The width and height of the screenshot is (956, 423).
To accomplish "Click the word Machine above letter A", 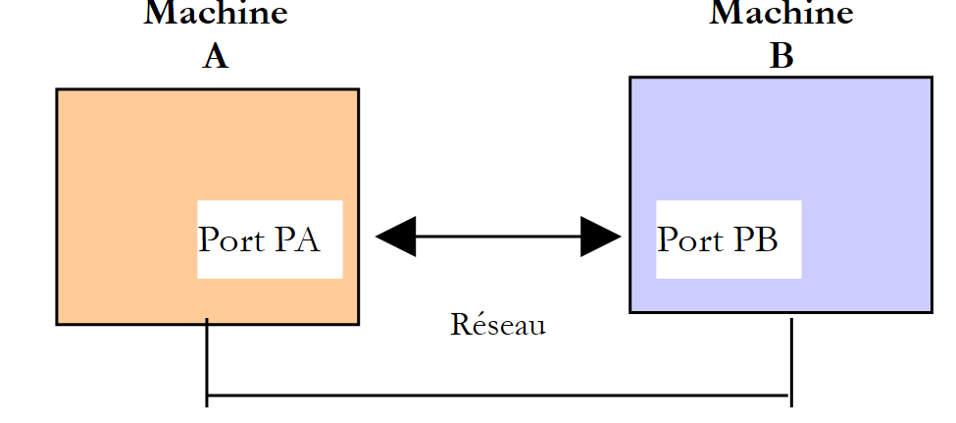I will click(216, 14).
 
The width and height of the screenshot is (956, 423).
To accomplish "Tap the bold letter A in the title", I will click(216, 57).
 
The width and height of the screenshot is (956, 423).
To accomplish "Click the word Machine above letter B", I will click(781, 14).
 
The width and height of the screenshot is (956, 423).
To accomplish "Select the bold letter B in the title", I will click(781, 57).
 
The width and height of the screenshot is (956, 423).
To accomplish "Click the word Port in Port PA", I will click(232, 240).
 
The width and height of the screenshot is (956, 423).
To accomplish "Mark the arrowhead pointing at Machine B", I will click(600, 237).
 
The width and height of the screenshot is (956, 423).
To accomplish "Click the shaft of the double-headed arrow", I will click(498, 237).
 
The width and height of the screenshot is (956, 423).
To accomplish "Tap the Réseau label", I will click(498, 325).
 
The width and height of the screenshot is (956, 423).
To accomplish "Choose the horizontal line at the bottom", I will click(498, 396).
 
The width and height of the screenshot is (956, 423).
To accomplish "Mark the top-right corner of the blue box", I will click(931, 78).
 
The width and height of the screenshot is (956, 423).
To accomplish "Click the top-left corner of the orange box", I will click(57, 90).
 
